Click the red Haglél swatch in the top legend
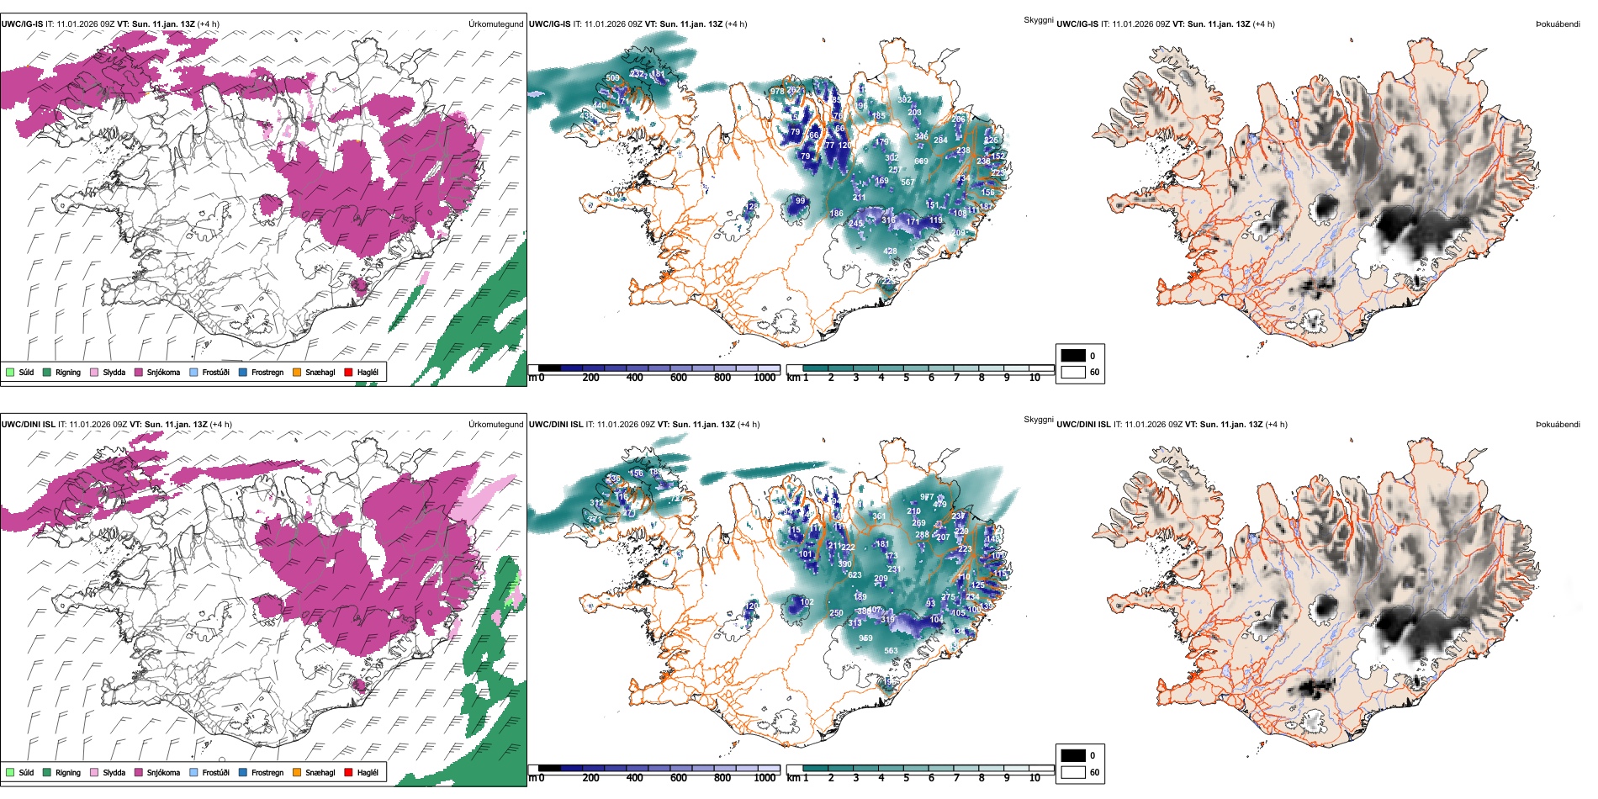pos(348,372)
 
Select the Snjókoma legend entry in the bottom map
pos(163,772)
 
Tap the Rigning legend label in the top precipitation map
pos(68,372)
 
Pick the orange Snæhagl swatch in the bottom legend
pos(297,772)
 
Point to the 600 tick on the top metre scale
pos(679,378)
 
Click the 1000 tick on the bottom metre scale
pos(765,778)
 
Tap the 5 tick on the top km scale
pos(906,378)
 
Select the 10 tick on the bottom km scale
pos(1034,778)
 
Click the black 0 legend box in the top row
pos(1073,356)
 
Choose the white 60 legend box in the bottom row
pos(1073,772)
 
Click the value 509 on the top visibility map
pos(612,78)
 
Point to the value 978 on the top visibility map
pos(777,92)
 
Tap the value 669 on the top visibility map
pos(921,161)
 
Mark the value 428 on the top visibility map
pos(890,251)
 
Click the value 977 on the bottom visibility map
pos(926,497)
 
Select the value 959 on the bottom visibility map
pos(865,638)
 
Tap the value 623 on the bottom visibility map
pos(855,575)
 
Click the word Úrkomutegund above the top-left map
pos(495,24)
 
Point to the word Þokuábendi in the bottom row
pos(1558,425)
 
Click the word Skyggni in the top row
pos(1038,19)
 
